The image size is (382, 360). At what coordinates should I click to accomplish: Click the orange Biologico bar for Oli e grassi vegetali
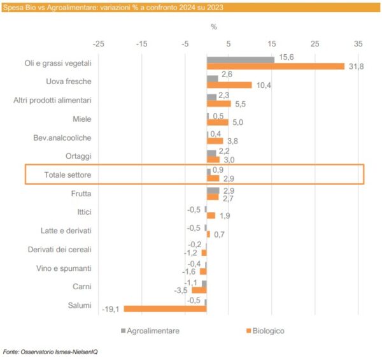coord(275,66)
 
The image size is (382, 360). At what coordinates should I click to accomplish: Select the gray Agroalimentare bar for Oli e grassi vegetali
coord(240,59)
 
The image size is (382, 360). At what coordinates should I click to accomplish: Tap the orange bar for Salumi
coord(165,309)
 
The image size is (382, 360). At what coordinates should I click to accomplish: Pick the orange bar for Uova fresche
coord(229,85)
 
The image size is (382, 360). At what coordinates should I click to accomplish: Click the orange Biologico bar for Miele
coord(217,122)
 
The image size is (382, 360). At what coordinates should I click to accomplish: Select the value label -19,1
coord(110,310)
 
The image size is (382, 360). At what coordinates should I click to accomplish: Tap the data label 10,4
coord(262,85)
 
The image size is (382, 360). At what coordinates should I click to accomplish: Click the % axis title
coord(214,27)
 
